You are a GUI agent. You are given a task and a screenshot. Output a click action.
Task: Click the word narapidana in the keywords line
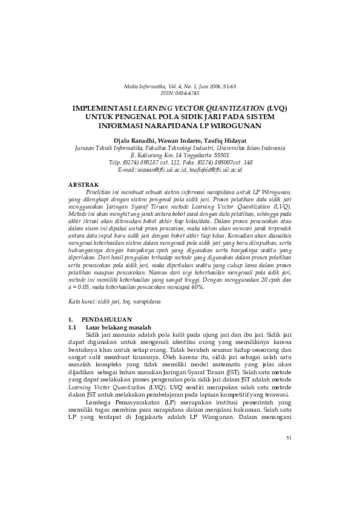tap(145, 300)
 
